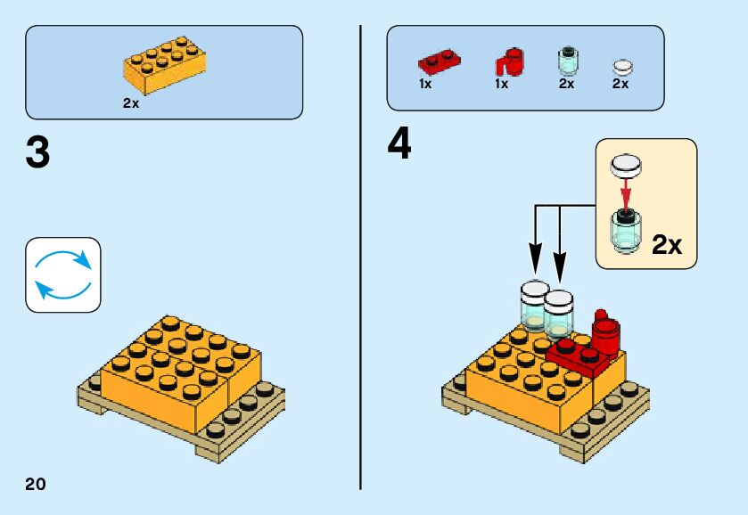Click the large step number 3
(x=38, y=152)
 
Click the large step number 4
(x=400, y=144)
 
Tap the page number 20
(x=36, y=484)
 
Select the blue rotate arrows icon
(x=63, y=274)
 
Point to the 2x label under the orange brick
(x=131, y=103)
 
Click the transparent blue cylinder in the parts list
(x=566, y=61)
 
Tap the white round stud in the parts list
(x=622, y=66)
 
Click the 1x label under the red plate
(x=425, y=84)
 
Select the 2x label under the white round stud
(x=621, y=84)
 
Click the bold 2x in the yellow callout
(x=666, y=244)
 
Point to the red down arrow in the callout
(x=627, y=191)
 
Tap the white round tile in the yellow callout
(x=627, y=164)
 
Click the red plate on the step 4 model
(x=575, y=356)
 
